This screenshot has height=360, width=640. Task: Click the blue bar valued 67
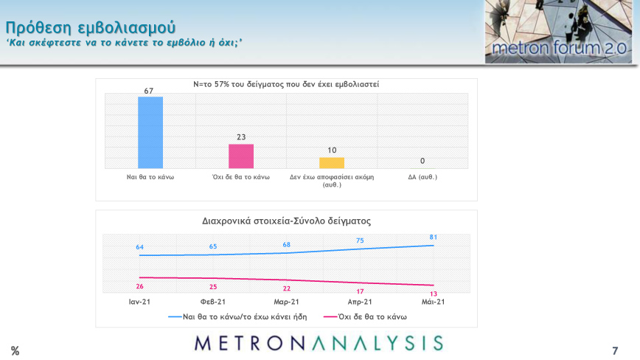pyautogui.click(x=150, y=133)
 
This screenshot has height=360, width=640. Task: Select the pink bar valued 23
pyautogui.click(x=241, y=156)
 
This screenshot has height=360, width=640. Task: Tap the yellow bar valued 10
pyautogui.click(x=332, y=163)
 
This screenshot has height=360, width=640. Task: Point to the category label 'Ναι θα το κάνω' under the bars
pyautogui.click(x=150, y=177)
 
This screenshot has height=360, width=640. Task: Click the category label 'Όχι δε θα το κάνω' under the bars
pyautogui.click(x=241, y=177)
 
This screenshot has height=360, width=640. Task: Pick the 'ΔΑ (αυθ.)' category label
pyautogui.click(x=422, y=177)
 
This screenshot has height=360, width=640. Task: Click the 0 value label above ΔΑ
pyautogui.click(x=422, y=161)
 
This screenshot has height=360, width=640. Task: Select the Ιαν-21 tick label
pyautogui.click(x=139, y=302)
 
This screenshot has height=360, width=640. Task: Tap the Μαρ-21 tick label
pyautogui.click(x=286, y=302)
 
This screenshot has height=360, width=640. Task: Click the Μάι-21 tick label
pyautogui.click(x=434, y=302)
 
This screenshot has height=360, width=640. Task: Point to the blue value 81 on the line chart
pyautogui.click(x=434, y=237)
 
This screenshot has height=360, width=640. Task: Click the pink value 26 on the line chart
pyautogui.click(x=139, y=286)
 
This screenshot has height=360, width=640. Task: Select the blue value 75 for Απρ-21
pyautogui.click(x=360, y=240)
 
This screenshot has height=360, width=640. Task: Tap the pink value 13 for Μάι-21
pyautogui.click(x=434, y=294)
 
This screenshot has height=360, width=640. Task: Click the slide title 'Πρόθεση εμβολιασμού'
pyautogui.click(x=91, y=27)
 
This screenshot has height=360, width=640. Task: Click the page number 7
pyautogui.click(x=615, y=350)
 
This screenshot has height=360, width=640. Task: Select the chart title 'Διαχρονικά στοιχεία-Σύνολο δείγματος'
pyautogui.click(x=286, y=221)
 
